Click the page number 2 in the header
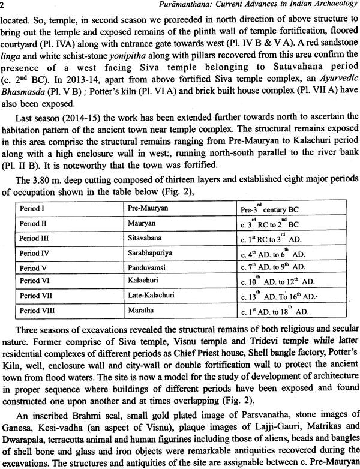[4, 5]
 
